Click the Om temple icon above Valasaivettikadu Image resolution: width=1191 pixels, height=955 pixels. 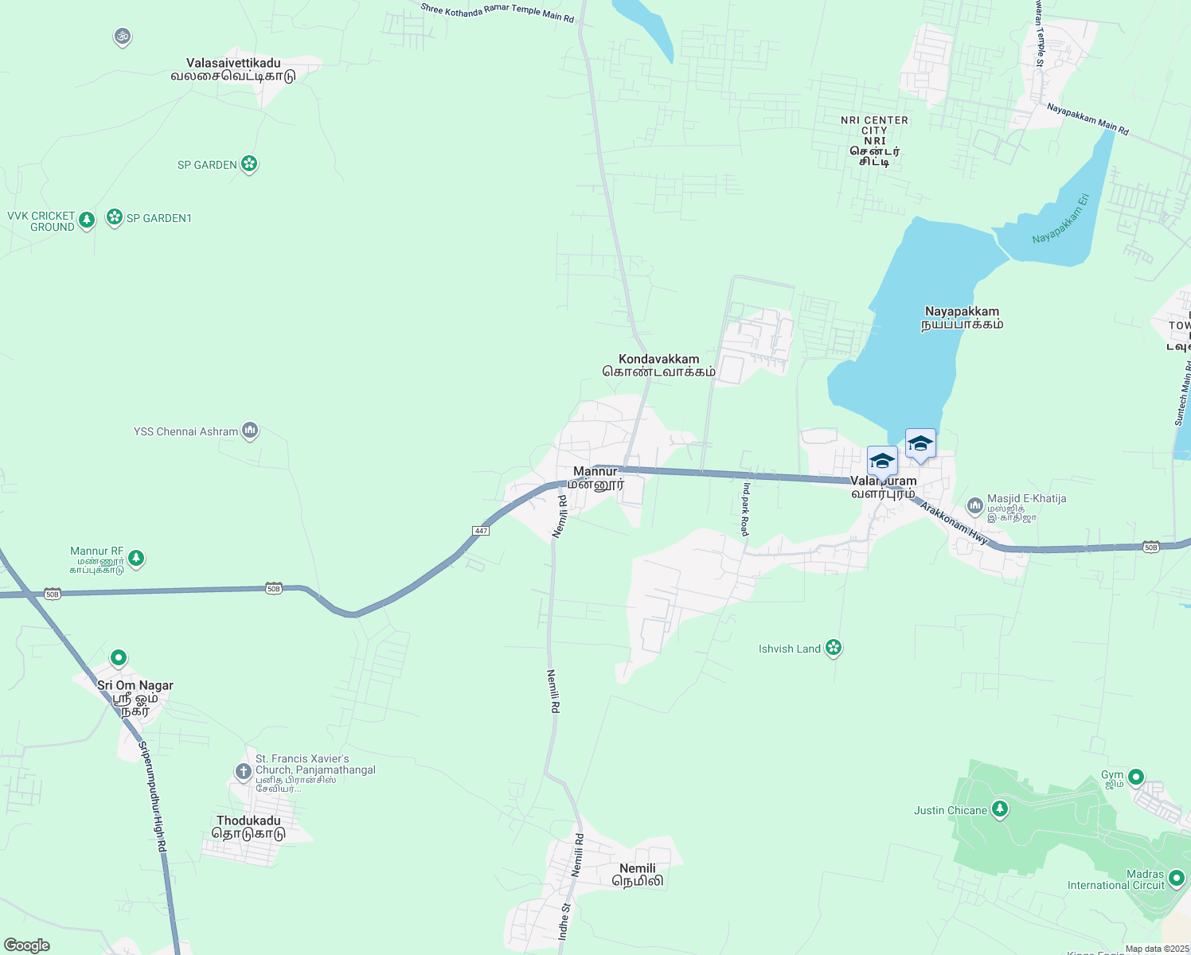(122, 37)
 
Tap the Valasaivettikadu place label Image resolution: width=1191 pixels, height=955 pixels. (233, 69)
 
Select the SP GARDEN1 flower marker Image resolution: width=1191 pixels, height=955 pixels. (115, 217)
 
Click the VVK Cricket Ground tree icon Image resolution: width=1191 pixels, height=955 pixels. (87, 220)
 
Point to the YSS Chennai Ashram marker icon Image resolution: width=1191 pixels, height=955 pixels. (250, 431)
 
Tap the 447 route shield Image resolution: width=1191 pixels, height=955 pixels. (481, 531)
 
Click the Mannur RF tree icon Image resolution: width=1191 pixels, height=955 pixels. (136, 558)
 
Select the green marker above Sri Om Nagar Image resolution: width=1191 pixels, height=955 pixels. (119, 658)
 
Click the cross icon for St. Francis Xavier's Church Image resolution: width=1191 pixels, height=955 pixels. (243, 771)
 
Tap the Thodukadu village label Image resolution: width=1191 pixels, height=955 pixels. (248, 827)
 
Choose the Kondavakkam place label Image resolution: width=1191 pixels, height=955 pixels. (659, 365)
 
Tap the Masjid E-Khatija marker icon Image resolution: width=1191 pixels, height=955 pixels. (974, 505)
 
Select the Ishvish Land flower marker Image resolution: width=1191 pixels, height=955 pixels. (834, 648)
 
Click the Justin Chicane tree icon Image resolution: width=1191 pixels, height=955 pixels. (1000, 810)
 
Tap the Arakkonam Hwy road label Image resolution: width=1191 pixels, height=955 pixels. (955, 524)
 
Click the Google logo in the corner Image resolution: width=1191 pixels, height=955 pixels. (27, 945)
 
